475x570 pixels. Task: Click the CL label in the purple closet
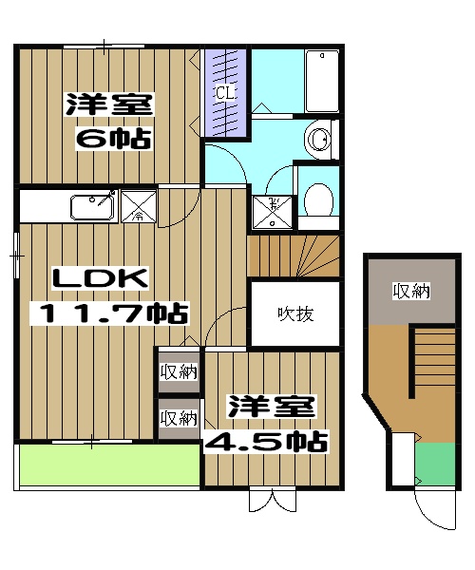tap(225, 93)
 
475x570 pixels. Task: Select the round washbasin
tap(321, 140)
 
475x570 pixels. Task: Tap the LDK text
tap(101, 278)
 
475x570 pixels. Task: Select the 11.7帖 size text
tap(112, 313)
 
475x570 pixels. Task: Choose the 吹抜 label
tap(295, 313)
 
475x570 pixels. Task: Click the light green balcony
tap(108, 465)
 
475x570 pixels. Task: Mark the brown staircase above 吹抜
tap(293, 256)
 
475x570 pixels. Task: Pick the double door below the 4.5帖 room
tap(273, 499)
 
